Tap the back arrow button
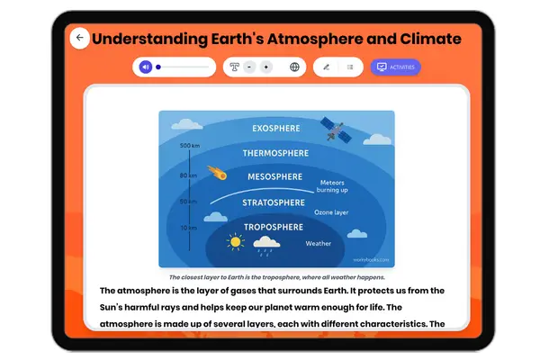pyautogui.click(x=80, y=39)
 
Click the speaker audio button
pyautogui.click(x=145, y=67)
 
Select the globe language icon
pyautogui.click(x=294, y=67)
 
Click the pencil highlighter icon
pyautogui.click(x=326, y=67)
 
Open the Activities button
pyautogui.click(x=395, y=67)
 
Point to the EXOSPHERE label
pyautogui.click(x=276, y=128)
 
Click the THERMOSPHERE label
pyautogui.click(x=276, y=153)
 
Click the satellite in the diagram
pyautogui.click(x=335, y=131)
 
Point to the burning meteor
pyautogui.click(x=216, y=171)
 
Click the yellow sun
pyautogui.click(x=235, y=241)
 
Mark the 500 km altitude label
pyautogui.click(x=189, y=146)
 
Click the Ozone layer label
pyautogui.click(x=330, y=212)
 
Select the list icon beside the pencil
pyautogui.click(x=349, y=67)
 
